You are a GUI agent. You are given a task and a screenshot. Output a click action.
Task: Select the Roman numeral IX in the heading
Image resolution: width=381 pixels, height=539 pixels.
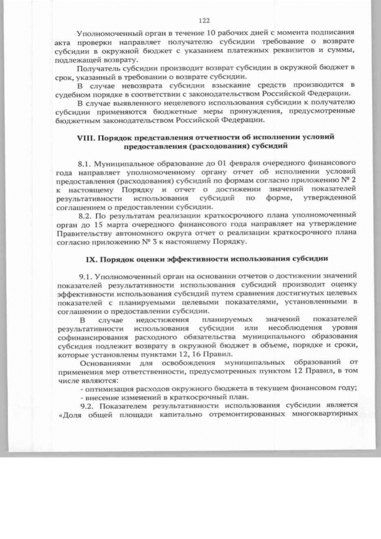93,260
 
